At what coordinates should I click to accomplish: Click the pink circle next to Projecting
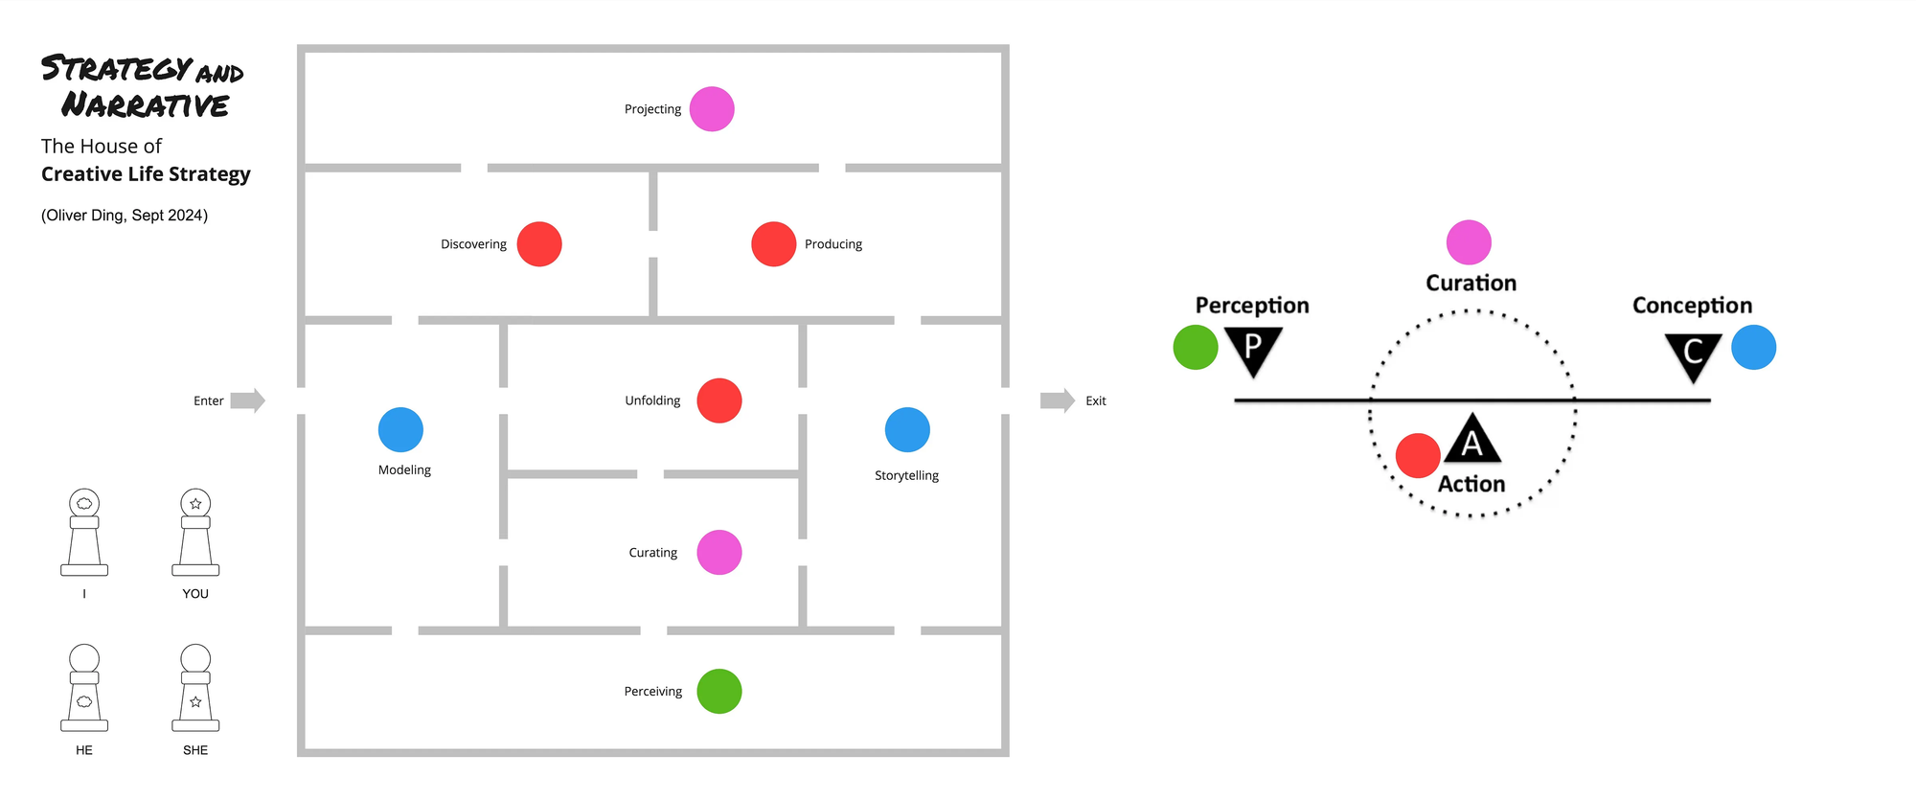[712, 109]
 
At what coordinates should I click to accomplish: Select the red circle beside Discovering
[539, 244]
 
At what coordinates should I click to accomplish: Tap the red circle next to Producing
[774, 244]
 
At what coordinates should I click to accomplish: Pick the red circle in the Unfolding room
[719, 400]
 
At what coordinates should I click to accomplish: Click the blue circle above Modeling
[400, 429]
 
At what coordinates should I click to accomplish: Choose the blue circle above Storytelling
[907, 429]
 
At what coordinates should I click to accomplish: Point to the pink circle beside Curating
[719, 553]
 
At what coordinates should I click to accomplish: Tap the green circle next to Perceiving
[719, 692]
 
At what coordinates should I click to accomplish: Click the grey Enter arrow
[248, 400]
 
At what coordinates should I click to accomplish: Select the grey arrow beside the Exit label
[1058, 400]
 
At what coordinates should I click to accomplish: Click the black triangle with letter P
[1253, 350]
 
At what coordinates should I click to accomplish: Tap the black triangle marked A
[1472, 440]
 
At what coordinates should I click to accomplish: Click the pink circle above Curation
[1469, 242]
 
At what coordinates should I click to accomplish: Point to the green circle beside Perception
[1196, 347]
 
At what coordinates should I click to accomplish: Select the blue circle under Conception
[1754, 347]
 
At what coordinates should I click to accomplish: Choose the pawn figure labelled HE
[84, 688]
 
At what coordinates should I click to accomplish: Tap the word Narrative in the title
[146, 104]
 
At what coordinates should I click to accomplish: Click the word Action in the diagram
[1471, 484]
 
